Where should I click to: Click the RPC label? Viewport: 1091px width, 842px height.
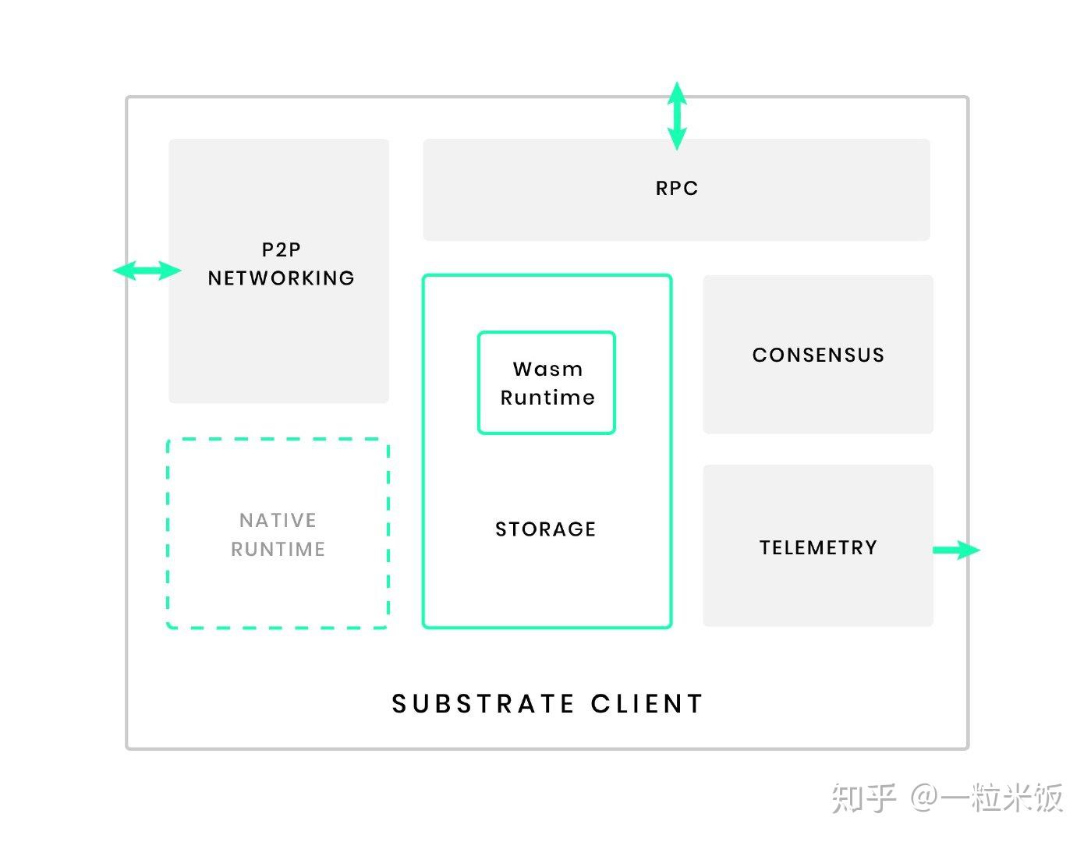coord(676,189)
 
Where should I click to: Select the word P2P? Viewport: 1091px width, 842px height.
coord(281,249)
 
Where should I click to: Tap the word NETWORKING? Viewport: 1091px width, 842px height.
coord(281,278)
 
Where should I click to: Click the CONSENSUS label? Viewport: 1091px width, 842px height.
coord(818,356)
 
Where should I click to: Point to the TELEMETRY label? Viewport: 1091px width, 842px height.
coord(818,548)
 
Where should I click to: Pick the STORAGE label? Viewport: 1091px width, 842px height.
coord(545,529)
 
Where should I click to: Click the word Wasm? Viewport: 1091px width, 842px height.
coord(547,369)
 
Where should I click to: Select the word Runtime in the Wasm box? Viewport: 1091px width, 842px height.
coord(547,398)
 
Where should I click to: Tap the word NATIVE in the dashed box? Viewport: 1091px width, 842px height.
coord(278,520)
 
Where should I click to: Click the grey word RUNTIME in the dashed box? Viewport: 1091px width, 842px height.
coord(278,550)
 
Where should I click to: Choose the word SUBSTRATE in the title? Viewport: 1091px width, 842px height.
coord(483,704)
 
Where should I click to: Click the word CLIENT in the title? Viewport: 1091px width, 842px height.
coord(647,704)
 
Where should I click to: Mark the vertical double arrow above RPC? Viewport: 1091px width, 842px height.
coord(677,116)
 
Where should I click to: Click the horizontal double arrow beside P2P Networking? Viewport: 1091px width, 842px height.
coord(147,271)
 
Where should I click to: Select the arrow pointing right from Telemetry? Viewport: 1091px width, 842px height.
coord(957,550)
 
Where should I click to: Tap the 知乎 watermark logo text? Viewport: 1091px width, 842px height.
coord(863,798)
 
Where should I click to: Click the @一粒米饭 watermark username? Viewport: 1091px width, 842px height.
coord(987,798)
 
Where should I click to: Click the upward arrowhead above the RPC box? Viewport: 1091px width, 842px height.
coord(677,92)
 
